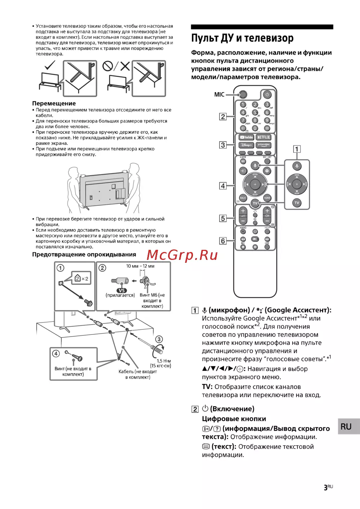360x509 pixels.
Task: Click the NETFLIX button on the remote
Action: pyautogui.click(x=264, y=137)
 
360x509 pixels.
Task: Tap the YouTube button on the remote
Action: pyautogui.click(x=247, y=137)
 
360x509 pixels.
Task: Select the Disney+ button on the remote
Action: pyautogui.click(x=247, y=145)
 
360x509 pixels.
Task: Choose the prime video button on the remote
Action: pyautogui.click(x=264, y=145)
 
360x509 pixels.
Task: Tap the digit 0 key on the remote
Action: pyautogui.click(x=255, y=128)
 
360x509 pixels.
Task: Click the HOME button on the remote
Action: pyautogui.click(x=267, y=198)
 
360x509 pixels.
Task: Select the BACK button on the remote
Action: pyautogui.click(x=243, y=198)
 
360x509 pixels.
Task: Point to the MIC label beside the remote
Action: pyautogui.click(x=219, y=95)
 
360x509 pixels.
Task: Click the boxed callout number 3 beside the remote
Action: pyautogui.click(x=223, y=145)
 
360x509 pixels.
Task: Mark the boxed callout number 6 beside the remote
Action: pyautogui.click(x=223, y=241)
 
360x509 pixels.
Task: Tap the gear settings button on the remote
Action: pyautogui.click(x=267, y=171)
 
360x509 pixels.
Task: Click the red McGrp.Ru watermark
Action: pyautogui.click(x=182, y=255)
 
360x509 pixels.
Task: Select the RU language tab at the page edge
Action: pyautogui.click(x=346, y=427)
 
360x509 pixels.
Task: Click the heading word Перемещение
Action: pyautogui.click(x=54, y=103)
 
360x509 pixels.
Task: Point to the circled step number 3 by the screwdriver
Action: pyautogui.click(x=159, y=339)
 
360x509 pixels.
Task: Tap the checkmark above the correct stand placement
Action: pyautogui.click(x=50, y=66)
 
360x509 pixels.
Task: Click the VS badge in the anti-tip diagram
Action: pyautogui.click(x=122, y=290)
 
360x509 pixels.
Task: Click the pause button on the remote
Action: pyautogui.click(x=255, y=247)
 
